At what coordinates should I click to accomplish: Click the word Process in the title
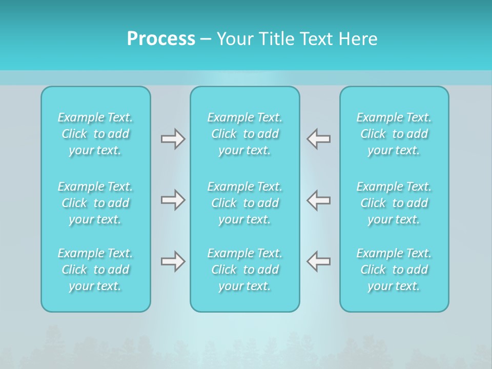161,39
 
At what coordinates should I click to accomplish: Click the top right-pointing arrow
173,139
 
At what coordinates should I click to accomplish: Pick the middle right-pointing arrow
173,199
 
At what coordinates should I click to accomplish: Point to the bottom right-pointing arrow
173,261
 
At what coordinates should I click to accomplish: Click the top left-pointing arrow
318,139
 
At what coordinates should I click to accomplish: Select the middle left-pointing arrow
318,199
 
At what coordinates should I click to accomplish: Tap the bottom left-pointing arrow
318,261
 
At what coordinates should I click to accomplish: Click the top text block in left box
95,134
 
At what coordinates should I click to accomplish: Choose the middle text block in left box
95,203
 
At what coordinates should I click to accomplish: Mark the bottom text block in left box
95,270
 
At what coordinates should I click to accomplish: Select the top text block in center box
245,134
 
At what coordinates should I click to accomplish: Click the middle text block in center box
245,203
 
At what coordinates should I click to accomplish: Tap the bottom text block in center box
245,270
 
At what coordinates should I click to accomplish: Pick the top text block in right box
394,134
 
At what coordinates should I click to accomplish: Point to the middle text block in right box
394,203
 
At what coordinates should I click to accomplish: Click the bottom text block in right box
394,270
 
